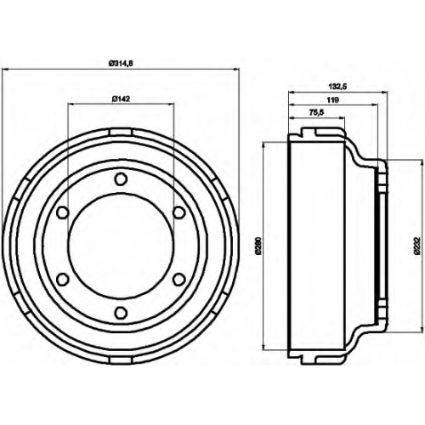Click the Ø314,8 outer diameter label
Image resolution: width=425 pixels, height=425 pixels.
[x=121, y=64]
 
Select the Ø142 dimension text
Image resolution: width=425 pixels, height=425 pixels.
[x=121, y=99]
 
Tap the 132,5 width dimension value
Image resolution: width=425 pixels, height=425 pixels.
[x=337, y=87]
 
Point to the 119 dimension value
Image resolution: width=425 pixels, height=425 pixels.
[x=333, y=99]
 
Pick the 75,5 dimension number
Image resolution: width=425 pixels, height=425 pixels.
[x=316, y=112]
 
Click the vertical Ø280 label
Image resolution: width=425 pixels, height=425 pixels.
[x=259, y=246]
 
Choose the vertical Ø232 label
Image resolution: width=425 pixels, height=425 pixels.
[x=417, y=246]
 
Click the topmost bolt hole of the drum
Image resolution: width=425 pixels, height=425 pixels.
[x=121, y=179]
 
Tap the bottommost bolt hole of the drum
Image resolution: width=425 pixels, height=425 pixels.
[x=121, y=313]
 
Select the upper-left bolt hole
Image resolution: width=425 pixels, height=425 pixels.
[x=63, y=212]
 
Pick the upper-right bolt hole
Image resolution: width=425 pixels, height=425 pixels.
[x=179, y=212]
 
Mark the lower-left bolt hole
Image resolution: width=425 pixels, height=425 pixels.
[x=63, y=280]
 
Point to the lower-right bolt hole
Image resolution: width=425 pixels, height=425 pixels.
[x=179, y=280]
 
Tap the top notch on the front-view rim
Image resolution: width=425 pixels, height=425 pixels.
[x=121, y=132]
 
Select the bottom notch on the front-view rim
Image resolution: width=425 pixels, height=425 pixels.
[x=121, y=360]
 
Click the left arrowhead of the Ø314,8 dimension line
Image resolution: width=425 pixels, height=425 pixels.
[x=4, y=69]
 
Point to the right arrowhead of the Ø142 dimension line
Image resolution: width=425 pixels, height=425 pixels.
[x=171, y=104]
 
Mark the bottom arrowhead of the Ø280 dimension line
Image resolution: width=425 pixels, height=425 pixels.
[x=264, y=347]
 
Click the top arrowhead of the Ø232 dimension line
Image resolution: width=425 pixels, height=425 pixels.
[x=420, y=163]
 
